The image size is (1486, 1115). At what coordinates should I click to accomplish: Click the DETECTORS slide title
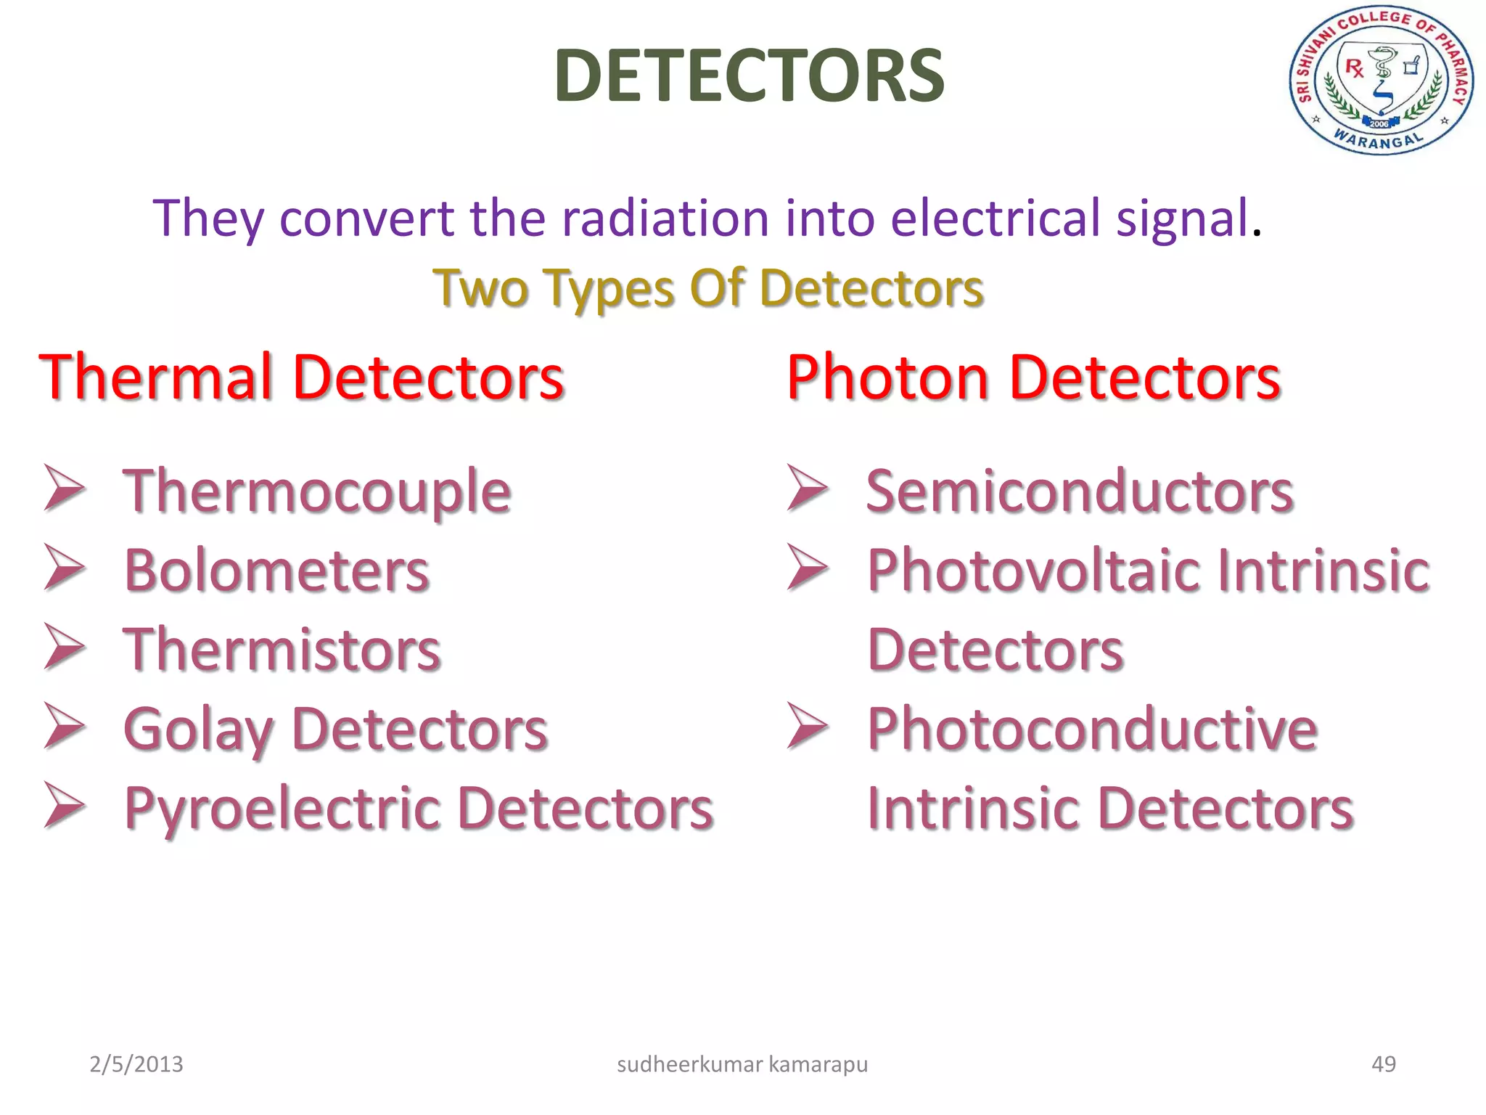[749, 75]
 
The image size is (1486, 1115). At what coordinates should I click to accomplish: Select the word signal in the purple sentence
[1182, 218]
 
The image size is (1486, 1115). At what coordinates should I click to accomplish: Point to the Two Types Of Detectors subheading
[708, 289]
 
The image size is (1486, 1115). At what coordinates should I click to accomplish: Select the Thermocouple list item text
[317, 491]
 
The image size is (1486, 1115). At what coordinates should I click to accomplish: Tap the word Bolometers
[276, 571]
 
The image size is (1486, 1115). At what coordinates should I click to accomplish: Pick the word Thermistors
[282, 650]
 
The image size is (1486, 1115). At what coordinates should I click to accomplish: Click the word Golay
[197, 730]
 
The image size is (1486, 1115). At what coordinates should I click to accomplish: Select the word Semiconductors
[1079, 491]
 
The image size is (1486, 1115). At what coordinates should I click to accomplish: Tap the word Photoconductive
[1092, 729]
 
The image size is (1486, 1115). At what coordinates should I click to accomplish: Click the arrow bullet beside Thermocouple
[65, 488]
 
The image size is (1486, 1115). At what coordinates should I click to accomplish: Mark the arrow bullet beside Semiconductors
[808, 488]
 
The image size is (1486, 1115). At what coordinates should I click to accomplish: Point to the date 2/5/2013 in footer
[136, 1064]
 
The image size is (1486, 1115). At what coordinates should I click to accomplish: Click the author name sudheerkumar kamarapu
[742, 1064]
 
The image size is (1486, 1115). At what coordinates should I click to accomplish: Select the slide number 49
[1383, 1064]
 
